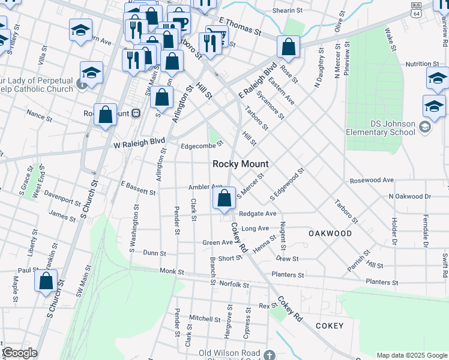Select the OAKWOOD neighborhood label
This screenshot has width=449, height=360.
330,233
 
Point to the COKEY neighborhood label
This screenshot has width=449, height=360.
330,326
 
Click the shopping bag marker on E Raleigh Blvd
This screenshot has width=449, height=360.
289,49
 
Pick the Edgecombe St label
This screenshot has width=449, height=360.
202,144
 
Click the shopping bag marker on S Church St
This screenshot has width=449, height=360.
46,281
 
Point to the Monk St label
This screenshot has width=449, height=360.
172,272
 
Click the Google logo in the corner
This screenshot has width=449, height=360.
19,353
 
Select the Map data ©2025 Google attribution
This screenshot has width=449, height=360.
412,355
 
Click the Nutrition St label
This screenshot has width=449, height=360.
422,64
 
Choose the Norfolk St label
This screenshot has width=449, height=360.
234,284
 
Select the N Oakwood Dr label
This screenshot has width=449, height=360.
410,196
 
